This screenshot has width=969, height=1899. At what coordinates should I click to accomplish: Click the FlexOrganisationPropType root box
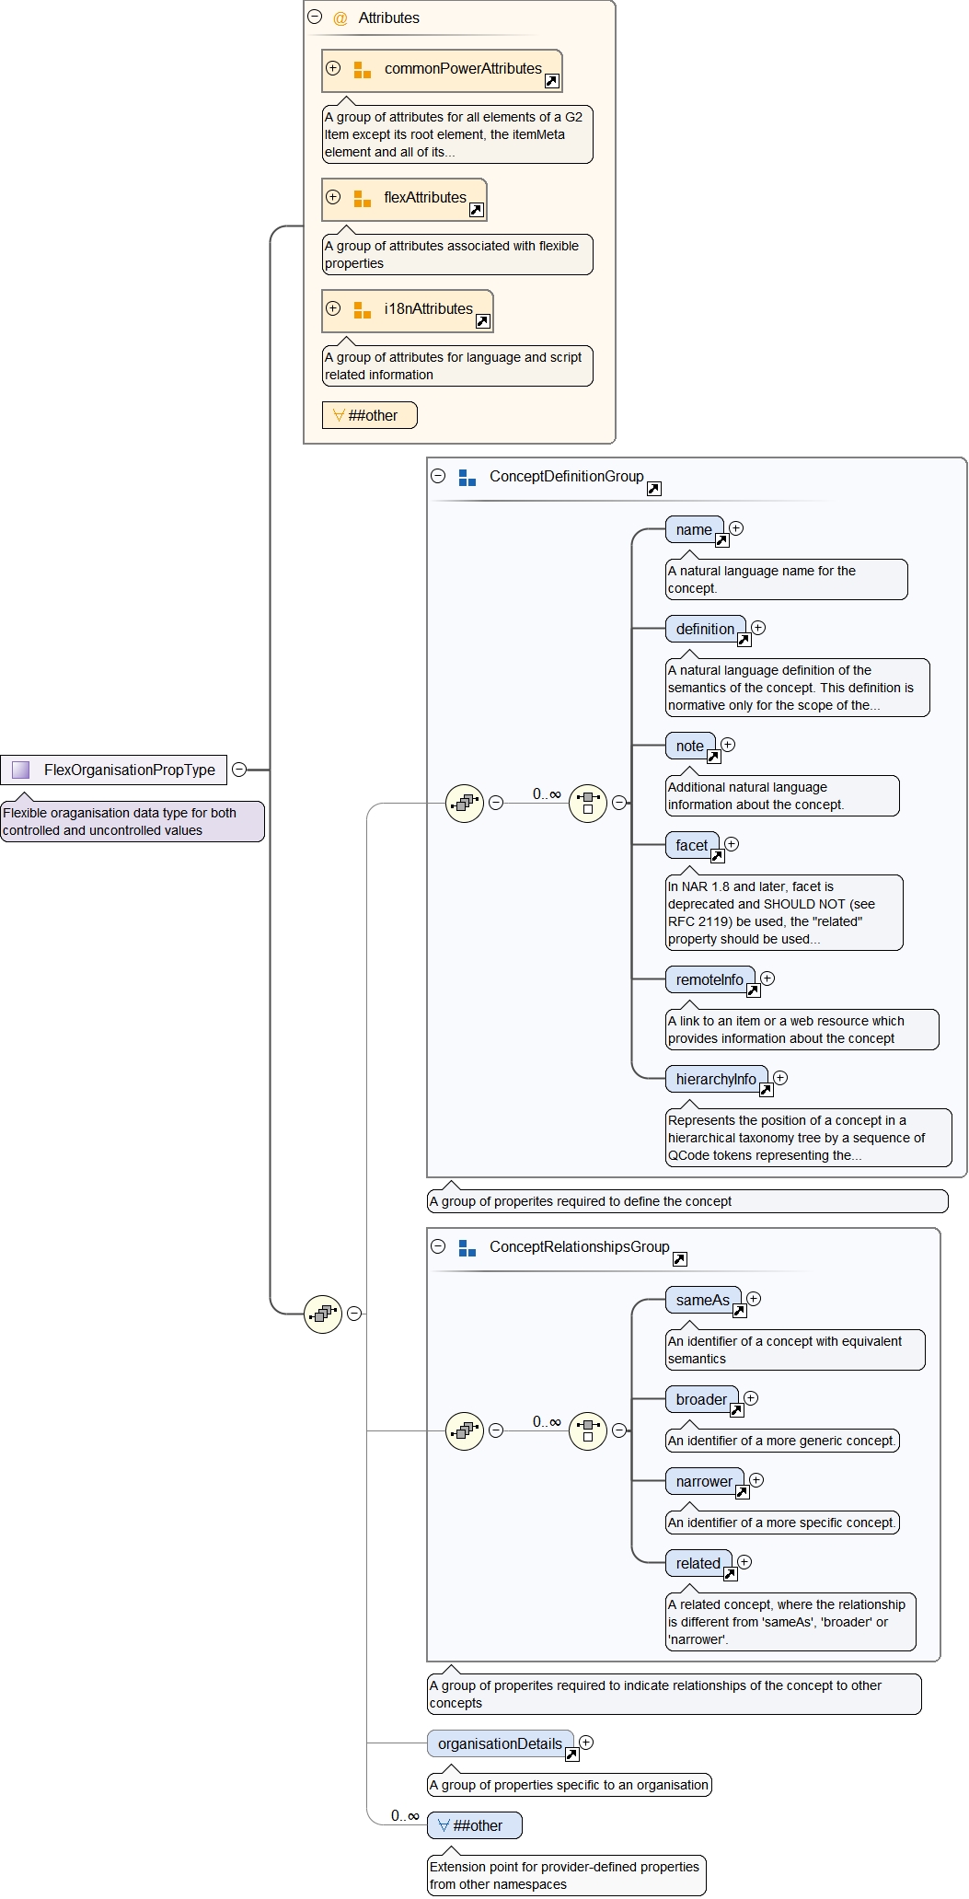click(x=114, y=770)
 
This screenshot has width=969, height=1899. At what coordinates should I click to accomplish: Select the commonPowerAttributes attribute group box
click(x=442, y=70)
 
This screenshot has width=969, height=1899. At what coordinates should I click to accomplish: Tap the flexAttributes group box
click(x=404, y=199)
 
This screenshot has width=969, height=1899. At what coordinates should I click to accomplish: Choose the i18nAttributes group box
click(x=408, y=310)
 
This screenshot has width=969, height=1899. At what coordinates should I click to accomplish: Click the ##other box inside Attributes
click(x=369, y=415)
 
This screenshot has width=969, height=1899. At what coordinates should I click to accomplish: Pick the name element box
click(x=694, y=530)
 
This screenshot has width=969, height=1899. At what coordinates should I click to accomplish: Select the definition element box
click(x=705, y=630)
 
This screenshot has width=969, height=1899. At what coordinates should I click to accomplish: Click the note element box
click(x=690, y=747)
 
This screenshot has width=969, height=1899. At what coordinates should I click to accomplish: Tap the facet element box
click(x=692, y=846)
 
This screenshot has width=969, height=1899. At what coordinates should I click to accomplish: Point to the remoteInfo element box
click(x=709, y=980)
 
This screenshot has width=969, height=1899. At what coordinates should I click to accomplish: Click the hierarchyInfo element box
click(x=716, y=1080)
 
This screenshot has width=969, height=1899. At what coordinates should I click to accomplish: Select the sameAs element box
click(x=703, y=1301)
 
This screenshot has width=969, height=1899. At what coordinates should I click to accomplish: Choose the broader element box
click(x=701, y=1400)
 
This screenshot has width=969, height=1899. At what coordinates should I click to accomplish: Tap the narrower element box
click(x=704, y=1482)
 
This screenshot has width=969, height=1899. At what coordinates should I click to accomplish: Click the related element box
click(x=698, y=1564)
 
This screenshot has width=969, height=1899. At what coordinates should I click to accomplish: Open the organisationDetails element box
click(x=500, y=1744)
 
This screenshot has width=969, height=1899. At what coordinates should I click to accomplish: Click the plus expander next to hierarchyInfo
click(x=780, y=1078)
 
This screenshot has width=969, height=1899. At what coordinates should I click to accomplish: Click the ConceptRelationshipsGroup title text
click(x=579, y=1247)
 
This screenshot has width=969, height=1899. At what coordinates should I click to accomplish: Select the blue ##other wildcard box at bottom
click(x=475, y=1825)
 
